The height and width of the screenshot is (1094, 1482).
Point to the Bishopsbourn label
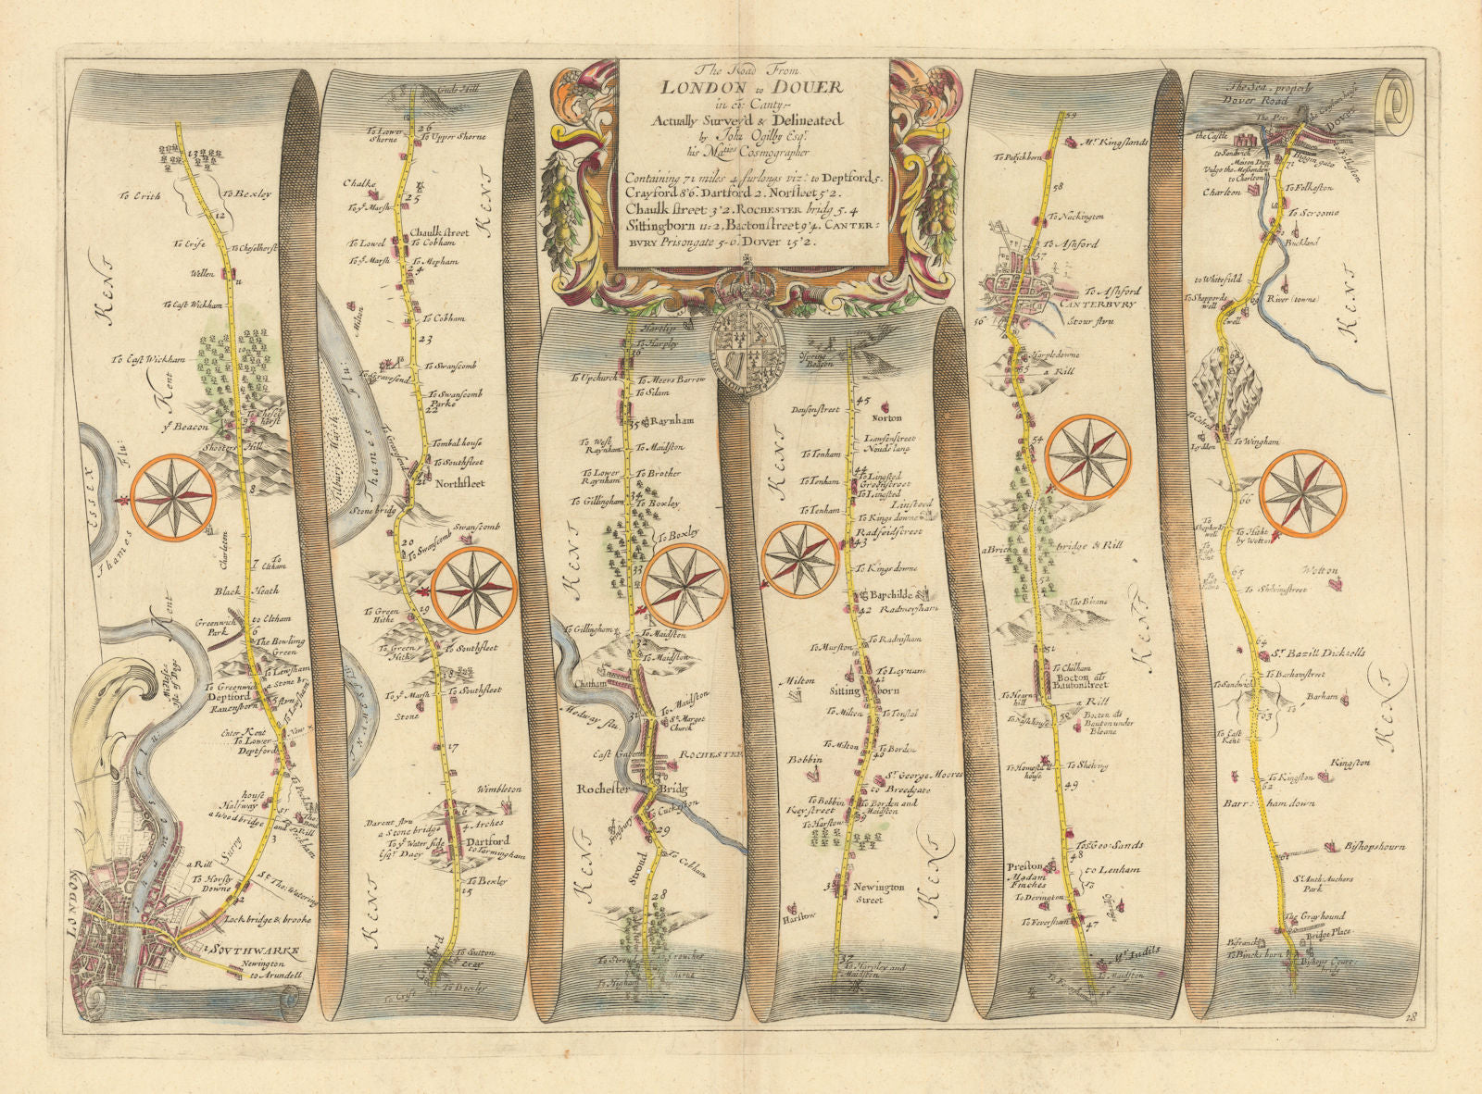click(1372, 846)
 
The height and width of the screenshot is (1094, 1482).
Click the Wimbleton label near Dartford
click(499, 789)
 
